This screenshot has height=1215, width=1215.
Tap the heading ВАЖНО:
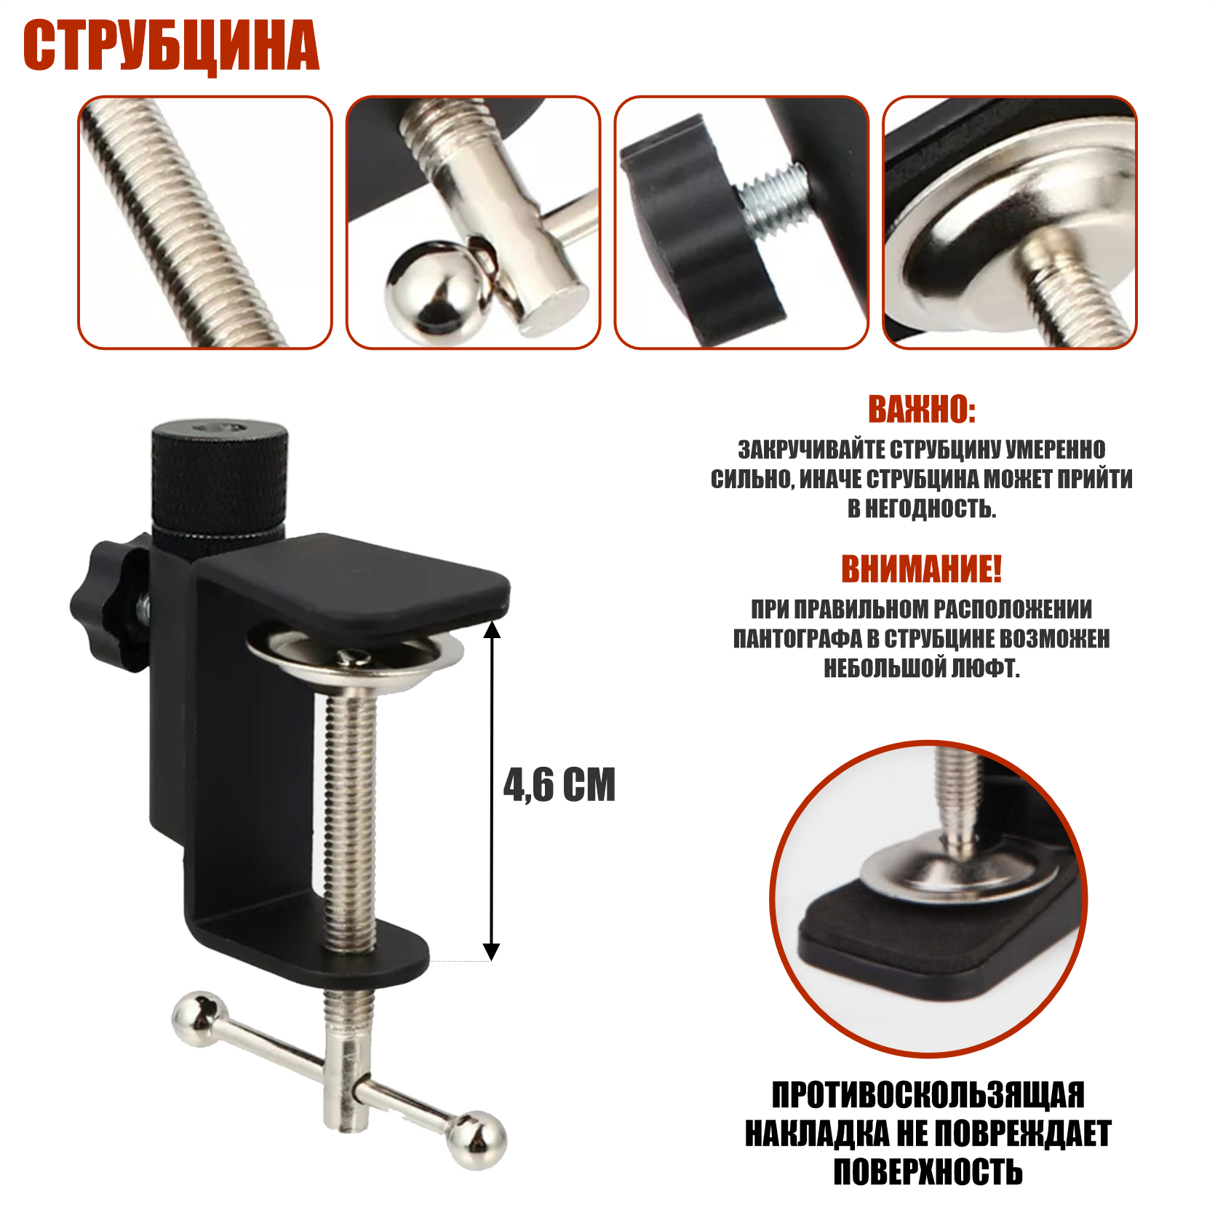click(x=921, y=410)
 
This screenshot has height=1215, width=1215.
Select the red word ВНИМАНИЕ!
click(x=921, y=569)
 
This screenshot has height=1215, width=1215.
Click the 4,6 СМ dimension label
click(x=559, y=785)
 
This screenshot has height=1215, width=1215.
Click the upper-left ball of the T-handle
click(x=198, y=1017)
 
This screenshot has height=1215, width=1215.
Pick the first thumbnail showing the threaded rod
click(x=204, y=223)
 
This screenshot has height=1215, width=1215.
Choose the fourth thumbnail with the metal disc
click(x=1009, y=223)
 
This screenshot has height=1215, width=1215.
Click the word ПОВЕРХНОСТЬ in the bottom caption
click(x=928, y=1172)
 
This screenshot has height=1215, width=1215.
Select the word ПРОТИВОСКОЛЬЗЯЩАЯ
click(x=928, y=1095)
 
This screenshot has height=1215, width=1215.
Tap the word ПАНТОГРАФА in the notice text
click(x=796, y=639)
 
